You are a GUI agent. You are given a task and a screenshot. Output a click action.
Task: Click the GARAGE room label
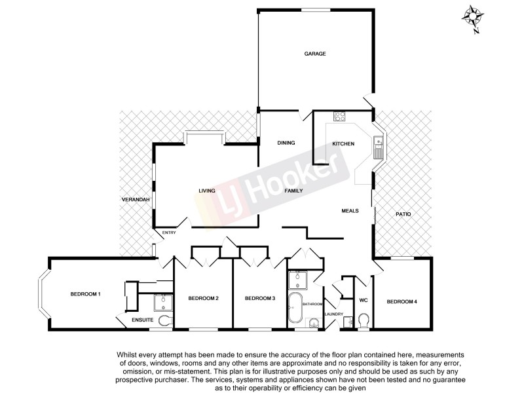[314, 54]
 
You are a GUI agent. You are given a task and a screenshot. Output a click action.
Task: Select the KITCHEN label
[343, 143]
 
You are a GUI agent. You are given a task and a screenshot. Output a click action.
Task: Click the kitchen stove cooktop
[340, 117]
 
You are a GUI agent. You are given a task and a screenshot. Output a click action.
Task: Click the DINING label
[286, 143]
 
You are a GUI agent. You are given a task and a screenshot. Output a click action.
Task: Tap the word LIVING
[207, 191]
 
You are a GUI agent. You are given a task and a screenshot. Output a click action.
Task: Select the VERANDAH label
[136, 199]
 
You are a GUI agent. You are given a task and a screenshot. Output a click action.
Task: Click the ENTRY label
[170, 233]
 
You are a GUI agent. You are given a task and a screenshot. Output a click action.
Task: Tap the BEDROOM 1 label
[85, 293]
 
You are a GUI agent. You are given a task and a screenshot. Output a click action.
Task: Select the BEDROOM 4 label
[401, 301]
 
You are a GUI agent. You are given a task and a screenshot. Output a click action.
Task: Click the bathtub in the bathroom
[296, 310]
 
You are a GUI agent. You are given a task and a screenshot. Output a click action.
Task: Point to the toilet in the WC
[364, 321]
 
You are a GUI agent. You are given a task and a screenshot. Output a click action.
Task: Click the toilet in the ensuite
[164, 321]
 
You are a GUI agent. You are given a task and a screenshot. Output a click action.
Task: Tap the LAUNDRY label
[334, 313]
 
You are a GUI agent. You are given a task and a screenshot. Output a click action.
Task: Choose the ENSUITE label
[142, 320]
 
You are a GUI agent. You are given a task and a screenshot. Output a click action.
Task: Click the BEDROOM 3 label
[260, 299]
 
